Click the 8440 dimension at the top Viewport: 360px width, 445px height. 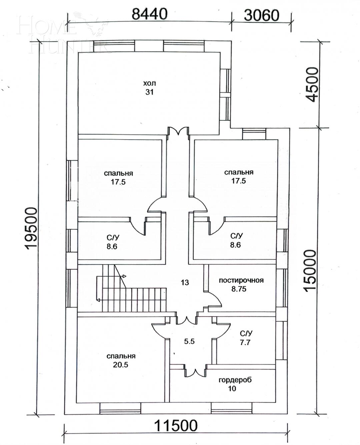149,14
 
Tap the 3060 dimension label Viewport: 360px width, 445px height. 261,15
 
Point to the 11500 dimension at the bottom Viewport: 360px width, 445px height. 176,425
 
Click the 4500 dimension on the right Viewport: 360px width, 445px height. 312,85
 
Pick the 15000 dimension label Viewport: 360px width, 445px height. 310,271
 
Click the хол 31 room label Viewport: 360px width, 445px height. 149,88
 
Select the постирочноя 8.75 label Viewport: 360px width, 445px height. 241,285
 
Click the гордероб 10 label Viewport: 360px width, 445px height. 235,384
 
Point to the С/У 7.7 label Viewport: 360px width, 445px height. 246,338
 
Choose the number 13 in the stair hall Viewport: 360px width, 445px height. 185,283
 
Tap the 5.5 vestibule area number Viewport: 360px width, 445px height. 189,341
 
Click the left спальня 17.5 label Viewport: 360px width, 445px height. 118,178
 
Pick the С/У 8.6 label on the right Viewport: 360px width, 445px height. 236,240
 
